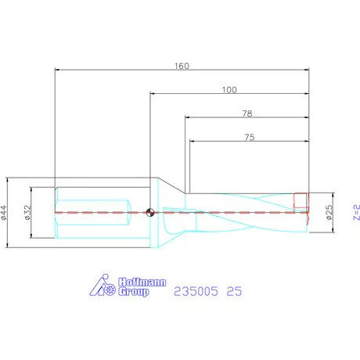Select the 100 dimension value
pyautogui.click(x=229, y=89)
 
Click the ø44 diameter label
pyautogui.click(x=5, y=211)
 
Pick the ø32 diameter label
pyautogui.click(x=28, y=211)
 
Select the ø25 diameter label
pyautogui.click(x=329, y=211)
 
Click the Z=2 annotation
pyautogui.click(x=355, y=211)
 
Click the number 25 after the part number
pyautogui.click(x=233, y=291)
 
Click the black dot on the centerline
pyautogui.click(x=149, y=211)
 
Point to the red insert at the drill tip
pyautogui.click(x=301, y=200)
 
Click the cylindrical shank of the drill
pyautogui.click(x=90, y=211)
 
